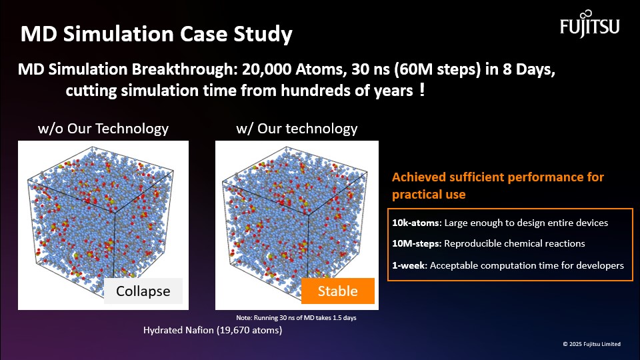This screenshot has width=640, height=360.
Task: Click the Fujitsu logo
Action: (x=590, y=24)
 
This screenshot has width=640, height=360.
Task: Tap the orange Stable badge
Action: (x=338, y=291)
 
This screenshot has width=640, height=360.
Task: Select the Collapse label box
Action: (x=143, y=291)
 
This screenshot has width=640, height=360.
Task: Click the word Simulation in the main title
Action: (x=119, y=33)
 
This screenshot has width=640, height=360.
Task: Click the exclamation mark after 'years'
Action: (x=422, y=89)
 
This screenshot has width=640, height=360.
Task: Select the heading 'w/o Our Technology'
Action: (x=103, y=129)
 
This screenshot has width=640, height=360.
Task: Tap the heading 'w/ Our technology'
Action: (x=297, y=129)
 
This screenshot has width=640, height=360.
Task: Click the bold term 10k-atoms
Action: (x=417, y=223)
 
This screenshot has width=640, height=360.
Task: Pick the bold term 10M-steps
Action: (x=417, y=244)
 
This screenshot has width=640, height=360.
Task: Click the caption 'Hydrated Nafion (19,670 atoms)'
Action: (x=213, y=330)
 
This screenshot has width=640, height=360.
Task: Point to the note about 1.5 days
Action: (x=296, y=317)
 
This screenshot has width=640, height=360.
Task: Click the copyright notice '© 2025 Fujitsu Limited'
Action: (x=592, y=344)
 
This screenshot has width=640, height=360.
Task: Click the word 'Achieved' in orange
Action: (x=419, y=177)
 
